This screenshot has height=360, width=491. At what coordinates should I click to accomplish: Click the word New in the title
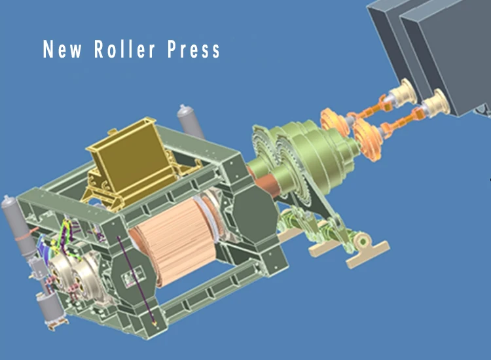click(x=62, y=49)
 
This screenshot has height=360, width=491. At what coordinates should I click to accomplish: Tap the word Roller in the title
click(x=124, y=49)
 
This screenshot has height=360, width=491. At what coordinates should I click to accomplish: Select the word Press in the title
click(x=194, y=50)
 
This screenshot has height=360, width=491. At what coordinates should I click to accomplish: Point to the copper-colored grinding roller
click(x=175, y=238)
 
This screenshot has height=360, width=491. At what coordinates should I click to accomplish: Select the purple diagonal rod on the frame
click(x=136, y=281)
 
